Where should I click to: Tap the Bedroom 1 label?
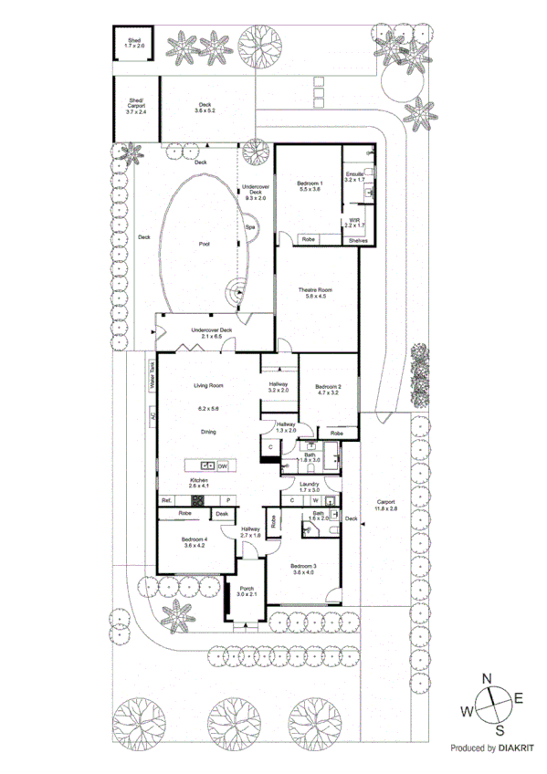(x=310, y=186)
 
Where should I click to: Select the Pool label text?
(x=204, y=245)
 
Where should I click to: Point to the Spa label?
(x=248, y=227)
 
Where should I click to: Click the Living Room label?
(x=208, y=385)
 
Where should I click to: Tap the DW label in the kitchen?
(x=223, y=465)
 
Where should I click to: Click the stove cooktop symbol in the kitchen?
(x=195, y=500)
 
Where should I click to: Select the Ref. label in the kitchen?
(x=167, y=500)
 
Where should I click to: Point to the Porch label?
(x=247, y=591)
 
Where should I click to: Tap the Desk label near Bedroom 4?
(x=222, y=515)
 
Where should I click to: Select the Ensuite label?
(x=354, y=173)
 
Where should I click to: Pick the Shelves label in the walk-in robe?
(x=358, y=240)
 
